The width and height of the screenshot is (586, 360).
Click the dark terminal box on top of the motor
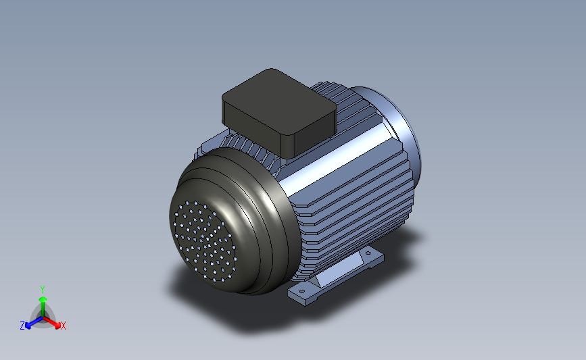(280, 112)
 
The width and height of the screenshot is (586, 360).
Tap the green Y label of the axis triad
(42, 290)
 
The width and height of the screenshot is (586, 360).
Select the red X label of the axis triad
(63, 326)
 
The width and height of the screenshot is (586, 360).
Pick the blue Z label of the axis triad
(22, 326)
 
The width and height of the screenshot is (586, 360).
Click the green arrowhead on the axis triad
(43, 299)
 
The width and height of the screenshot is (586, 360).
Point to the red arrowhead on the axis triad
(57, 325)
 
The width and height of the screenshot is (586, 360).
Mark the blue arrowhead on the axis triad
(28, 326)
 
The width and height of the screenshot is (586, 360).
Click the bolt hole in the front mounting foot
(302, 291)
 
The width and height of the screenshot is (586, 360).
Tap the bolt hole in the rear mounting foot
(368, 253)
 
